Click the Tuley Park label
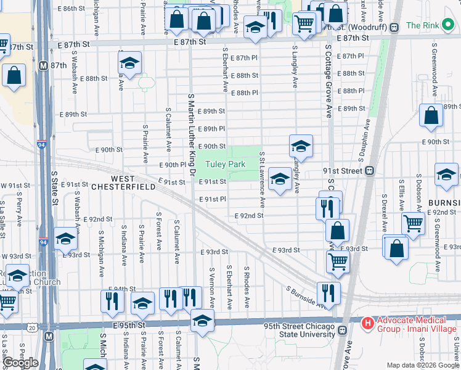coord(225,165)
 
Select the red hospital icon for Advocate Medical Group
coord(367,323)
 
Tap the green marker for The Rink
coord(412,27)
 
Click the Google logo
coord(20,363)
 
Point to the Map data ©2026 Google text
coord(423,365)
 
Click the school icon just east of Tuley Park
coord(280,179)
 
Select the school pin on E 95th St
coord(202,320)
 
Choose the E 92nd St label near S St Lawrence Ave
coord(249,216)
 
